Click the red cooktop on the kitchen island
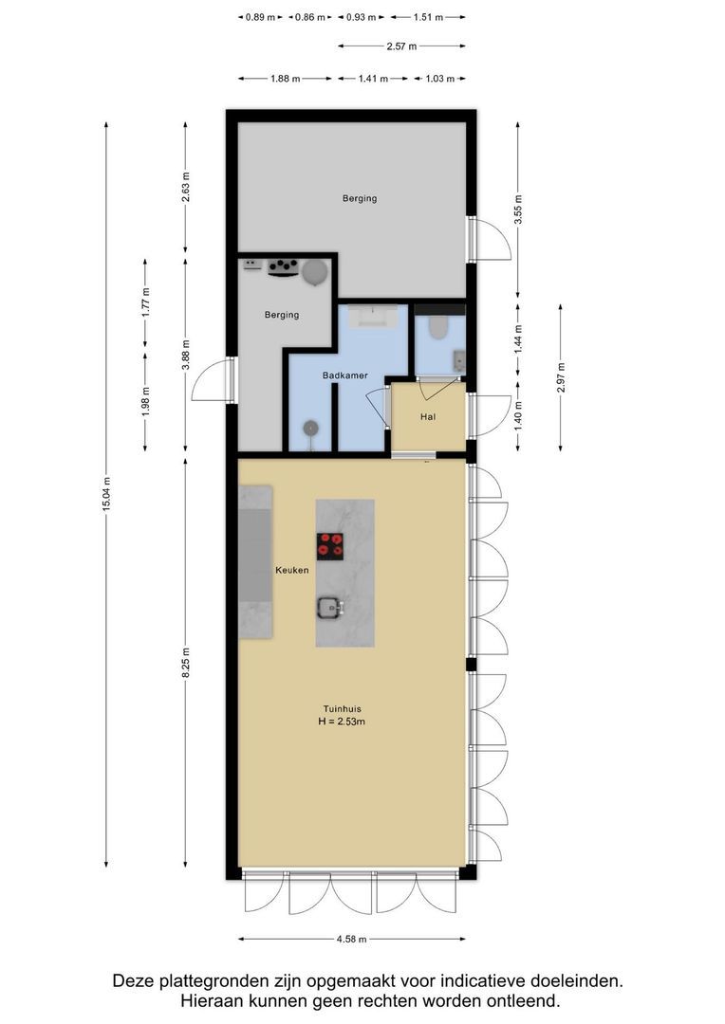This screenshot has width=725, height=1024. coord(330,545)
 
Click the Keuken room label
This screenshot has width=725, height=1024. coord(291,571)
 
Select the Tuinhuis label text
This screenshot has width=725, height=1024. coord(341,707)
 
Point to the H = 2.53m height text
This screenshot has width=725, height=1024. coord(341,722)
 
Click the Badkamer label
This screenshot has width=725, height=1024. coord(344,375)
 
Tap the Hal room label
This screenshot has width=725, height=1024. coord(429,416)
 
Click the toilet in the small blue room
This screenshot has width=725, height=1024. coord(438,327)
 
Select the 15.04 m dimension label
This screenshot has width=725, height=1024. coord(106,494)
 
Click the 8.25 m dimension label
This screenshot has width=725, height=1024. coord(186,662)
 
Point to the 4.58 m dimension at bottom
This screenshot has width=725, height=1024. coord(351,940)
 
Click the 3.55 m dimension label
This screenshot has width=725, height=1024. coord(517,210)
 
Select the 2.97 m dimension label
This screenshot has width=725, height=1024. coord(561,377)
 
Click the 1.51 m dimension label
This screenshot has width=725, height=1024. coord(428,17)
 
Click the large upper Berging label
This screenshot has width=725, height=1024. coord(360,198)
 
